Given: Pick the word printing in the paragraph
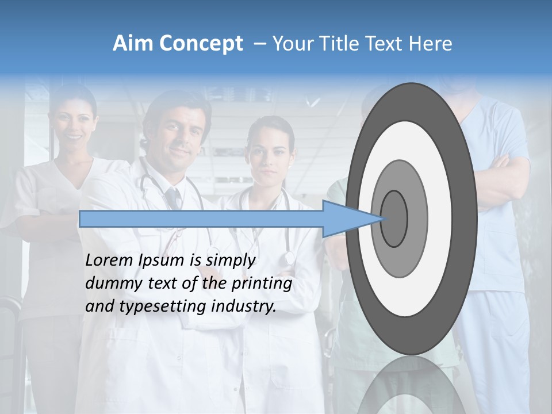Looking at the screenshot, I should pyautogui.click(x=262, y=284).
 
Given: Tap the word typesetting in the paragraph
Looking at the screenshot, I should pyautogui.click(x=164, y=307).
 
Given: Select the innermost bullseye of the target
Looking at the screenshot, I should pyautogui.click(x=394, y=218).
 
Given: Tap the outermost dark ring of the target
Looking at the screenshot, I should pyautogui.click(x=466, y=218).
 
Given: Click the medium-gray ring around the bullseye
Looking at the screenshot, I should pyautogui.click(x=416, y=218).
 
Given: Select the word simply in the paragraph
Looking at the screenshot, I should pyautogui.click(x=230, y=260).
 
